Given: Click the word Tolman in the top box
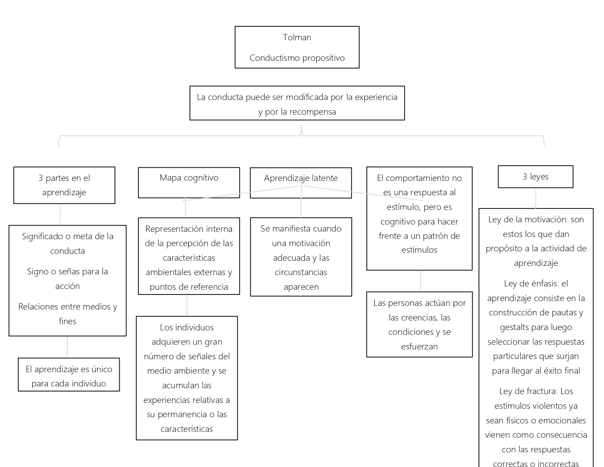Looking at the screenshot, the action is tap(297, 37).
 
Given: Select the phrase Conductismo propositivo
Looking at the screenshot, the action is tap(297, 58).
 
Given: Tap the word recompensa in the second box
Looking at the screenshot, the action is tap(313, 112).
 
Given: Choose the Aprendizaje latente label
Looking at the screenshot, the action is tap(301, 178).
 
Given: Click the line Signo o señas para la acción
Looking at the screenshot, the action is tap(68, 279).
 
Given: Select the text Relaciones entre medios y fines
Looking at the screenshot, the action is tap(68, 314).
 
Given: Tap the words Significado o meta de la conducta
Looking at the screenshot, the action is tap(68, 243).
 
